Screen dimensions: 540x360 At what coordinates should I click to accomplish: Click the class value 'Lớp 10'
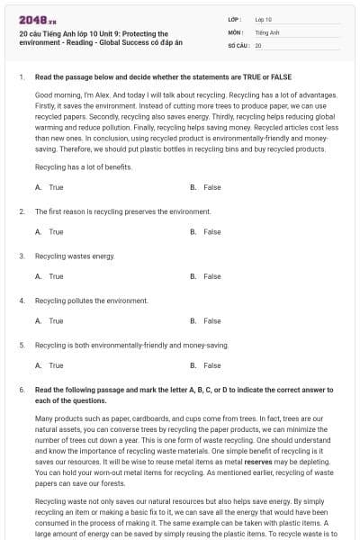click(x=264, y=19)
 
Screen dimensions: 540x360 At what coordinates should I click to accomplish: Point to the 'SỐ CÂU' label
click(x=238, y=45)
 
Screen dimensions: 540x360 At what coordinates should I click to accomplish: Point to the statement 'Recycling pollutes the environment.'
click(x=91, y=301)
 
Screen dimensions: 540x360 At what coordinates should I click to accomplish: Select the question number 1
click(x=21, y=77)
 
